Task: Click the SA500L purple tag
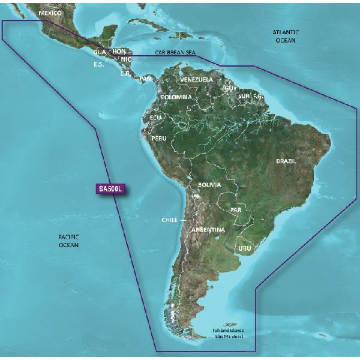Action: [x=110, y=188]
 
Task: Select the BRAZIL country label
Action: [x=288, y=161]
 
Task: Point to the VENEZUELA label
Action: [x=196, y=79]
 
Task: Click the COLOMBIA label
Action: [x=176, y=97]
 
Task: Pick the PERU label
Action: [x=159, y=138]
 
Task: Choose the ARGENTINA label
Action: [x=208, y=230]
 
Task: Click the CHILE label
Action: [x=169, y=220]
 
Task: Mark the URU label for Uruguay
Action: [x=244, y=247]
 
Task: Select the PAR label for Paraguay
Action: [x=235, y=210]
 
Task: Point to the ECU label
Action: [x=156, y=118]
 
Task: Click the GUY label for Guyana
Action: [x=230, y=88]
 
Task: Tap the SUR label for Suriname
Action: [x=244, y=95]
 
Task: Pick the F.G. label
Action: [x=258, y=95]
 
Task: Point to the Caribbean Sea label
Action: [x=175, y=53]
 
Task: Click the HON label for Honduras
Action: [x=120, y=52]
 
